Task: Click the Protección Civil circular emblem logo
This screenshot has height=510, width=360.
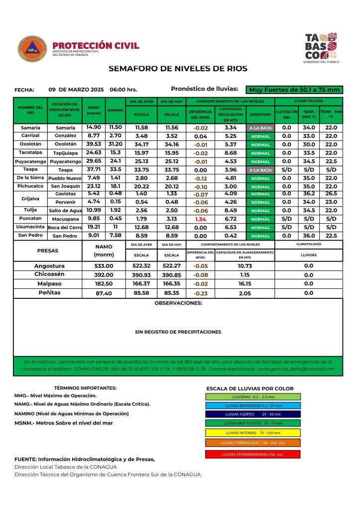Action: click(x=32, y=49)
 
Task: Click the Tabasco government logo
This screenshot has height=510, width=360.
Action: click(x=321, y=47)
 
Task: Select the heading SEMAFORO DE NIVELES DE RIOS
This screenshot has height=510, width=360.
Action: click(x=178, y=68)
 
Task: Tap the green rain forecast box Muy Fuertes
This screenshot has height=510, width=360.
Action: click(x=295, y=90)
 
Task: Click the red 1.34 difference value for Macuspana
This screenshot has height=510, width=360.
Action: click(x=201, y=219)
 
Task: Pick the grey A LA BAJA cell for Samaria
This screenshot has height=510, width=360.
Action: click(x=261, y=128)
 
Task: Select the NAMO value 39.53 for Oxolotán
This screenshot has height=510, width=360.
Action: click(x=94, y=144)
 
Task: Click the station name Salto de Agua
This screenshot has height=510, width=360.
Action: click(x=65, y=211)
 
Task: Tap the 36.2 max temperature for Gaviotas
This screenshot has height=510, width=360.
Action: click(x=309, y=194)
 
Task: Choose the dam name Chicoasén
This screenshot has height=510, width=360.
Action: click(x=49, y=274)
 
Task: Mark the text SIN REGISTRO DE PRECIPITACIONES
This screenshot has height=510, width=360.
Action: click(x=178, y=331)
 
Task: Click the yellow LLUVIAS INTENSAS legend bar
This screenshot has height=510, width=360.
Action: click(x=252, y=433)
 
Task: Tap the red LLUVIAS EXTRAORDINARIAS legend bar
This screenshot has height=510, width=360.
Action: click(x=252, y=454)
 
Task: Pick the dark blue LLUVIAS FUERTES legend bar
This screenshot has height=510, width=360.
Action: click(x=252, y=414)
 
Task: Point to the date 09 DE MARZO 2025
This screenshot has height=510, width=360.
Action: click(x=76, y=90)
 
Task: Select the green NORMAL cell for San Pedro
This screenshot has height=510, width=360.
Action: click(x=261, y=236)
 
